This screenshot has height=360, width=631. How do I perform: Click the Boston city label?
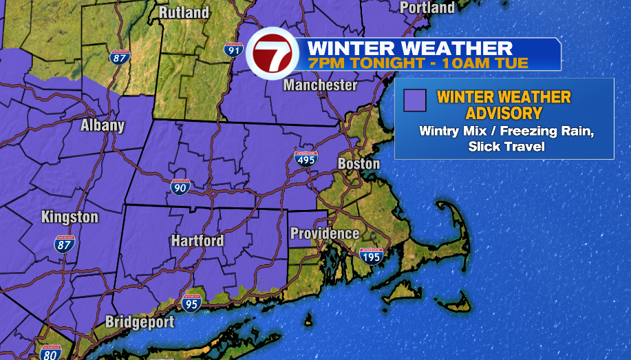coord(359,164)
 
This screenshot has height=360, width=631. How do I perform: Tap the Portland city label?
coord(427,8)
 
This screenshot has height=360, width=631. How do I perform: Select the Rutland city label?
coord(184,12)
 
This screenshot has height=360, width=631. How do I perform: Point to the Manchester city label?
coord(321,85)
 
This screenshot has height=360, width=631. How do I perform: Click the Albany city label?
coord(103,125)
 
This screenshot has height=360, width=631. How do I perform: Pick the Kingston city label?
coord(69,217)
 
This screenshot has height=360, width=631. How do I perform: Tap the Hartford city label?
coord(197,240)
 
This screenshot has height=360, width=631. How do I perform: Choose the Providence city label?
coord(325,233)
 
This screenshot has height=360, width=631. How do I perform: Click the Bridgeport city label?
coord(140,322)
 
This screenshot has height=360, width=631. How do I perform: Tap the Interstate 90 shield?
coord(181,187)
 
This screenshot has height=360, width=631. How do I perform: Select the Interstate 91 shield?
coord(233,50)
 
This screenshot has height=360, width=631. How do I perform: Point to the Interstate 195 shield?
coord(372,257)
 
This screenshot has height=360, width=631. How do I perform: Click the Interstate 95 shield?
coord(192,303)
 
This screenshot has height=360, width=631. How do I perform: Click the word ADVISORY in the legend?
coord(504,113)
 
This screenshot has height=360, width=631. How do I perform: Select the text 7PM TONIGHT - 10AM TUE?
coord(418,63)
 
